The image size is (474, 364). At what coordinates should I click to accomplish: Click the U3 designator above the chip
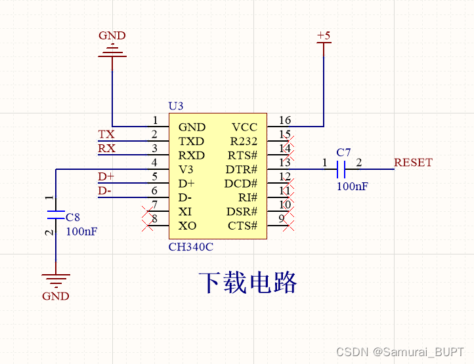[176, 106]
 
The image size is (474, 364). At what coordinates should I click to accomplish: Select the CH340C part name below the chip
[191, 247]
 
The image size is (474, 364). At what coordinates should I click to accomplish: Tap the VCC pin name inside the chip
[244, 127]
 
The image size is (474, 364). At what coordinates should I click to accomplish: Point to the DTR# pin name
[242, 170]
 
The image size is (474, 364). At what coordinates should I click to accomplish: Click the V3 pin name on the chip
[186, 170]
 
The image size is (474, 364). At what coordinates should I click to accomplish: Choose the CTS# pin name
[242, 226]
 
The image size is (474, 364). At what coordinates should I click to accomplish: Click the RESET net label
[413, 163]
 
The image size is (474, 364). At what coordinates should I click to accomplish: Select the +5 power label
[324, 35]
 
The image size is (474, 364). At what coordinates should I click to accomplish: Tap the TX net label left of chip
[106, 134]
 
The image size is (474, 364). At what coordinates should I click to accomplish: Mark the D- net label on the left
[105, 191]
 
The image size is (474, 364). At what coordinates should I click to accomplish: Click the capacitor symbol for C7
[341, 170]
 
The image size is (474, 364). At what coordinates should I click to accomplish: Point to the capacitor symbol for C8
[56, 214]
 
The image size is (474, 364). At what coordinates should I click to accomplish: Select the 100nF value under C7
[353, 186]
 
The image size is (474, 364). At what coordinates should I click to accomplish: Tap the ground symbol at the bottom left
[56, 281]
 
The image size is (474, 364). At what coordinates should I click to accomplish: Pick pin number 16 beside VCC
[285, 121]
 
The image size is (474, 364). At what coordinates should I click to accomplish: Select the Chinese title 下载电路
[248, 282]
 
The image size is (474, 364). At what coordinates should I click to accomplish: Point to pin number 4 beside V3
[155, 163]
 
